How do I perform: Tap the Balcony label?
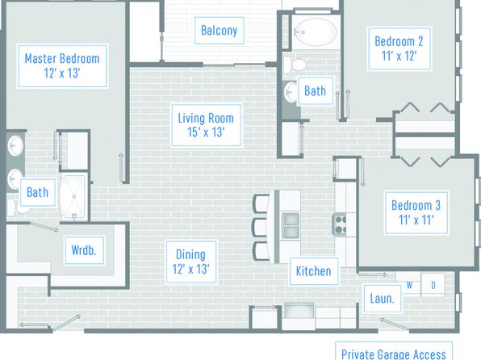tap(220, 31)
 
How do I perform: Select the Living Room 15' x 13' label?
tap(206, 125)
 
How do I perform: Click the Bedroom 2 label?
tap(399, 48)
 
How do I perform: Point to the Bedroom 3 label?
tap(416, 212)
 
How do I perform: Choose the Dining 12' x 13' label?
tap(191, 262)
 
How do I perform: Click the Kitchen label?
tap(314, 271)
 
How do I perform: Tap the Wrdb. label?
tap(84, 250)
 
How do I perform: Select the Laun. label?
tap(383, 299)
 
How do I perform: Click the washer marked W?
tap(409, 284)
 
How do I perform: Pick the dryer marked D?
tap(433, 286)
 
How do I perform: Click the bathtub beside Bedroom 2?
tap(316, 31)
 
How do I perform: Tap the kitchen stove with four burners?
tap(340, 224)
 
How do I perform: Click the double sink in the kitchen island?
tap(291, 225)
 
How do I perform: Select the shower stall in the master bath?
tap(73, 197)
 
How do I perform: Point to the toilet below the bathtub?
tap(295, 65)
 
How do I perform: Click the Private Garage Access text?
tap(394, 354)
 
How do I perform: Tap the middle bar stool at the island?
tap(261, 227)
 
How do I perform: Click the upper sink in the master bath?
tap(15, 145)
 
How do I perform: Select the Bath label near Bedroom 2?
tap(315, 91)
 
